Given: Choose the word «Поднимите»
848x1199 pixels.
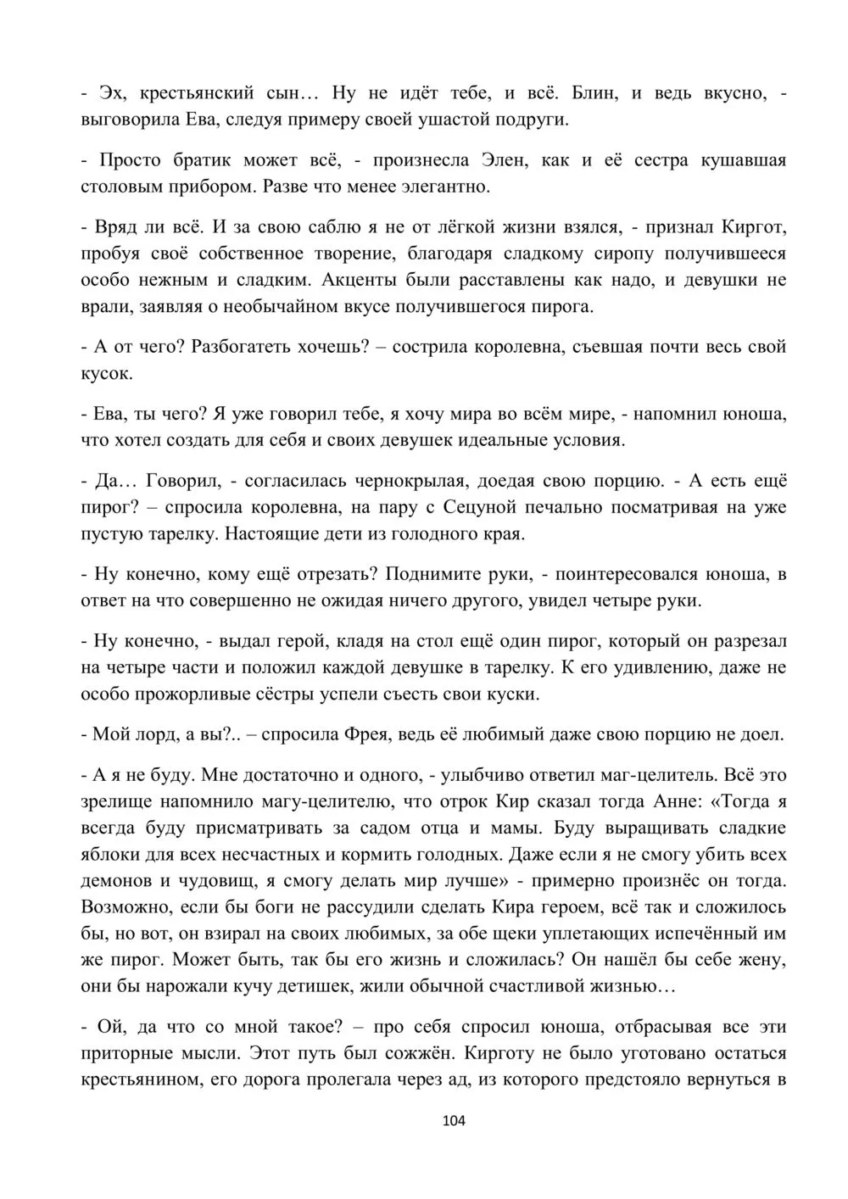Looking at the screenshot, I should click(x=432, y=574).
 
